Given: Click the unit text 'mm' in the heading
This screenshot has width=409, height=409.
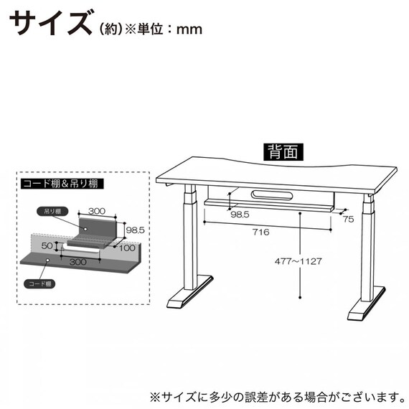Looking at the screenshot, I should [188, 29].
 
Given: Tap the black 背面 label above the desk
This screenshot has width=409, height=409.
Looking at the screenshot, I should [283, 153].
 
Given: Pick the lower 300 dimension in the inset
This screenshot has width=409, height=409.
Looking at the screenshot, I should [80, 262].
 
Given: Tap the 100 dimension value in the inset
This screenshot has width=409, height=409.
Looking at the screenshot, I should [128, 248].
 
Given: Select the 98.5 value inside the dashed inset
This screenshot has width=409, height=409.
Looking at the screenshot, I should [135, 230].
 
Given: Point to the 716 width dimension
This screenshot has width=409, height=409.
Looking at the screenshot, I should [260, 232].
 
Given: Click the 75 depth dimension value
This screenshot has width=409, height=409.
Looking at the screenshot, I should [348, 220].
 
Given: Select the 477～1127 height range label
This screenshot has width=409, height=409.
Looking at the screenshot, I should [297, 261].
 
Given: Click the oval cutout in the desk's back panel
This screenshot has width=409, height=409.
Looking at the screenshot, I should [271, 194].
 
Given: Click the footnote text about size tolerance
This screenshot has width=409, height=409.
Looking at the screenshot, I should [274, 395].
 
